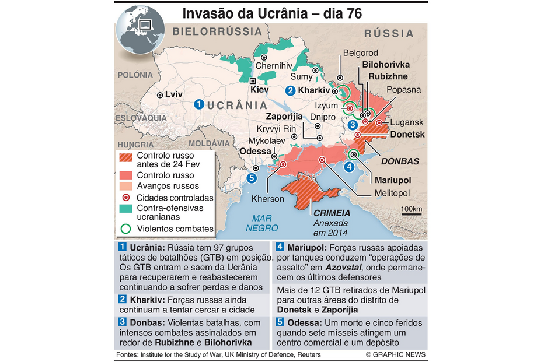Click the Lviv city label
[173, 94]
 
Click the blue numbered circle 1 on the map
[198, 104]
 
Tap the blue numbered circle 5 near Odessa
[252, 178]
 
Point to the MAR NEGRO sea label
[262, 223]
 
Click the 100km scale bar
[412, 213]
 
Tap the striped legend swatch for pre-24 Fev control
[126, 159]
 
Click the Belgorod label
[360, 53]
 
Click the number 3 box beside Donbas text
[122, 322]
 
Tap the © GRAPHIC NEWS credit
[395, 354]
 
